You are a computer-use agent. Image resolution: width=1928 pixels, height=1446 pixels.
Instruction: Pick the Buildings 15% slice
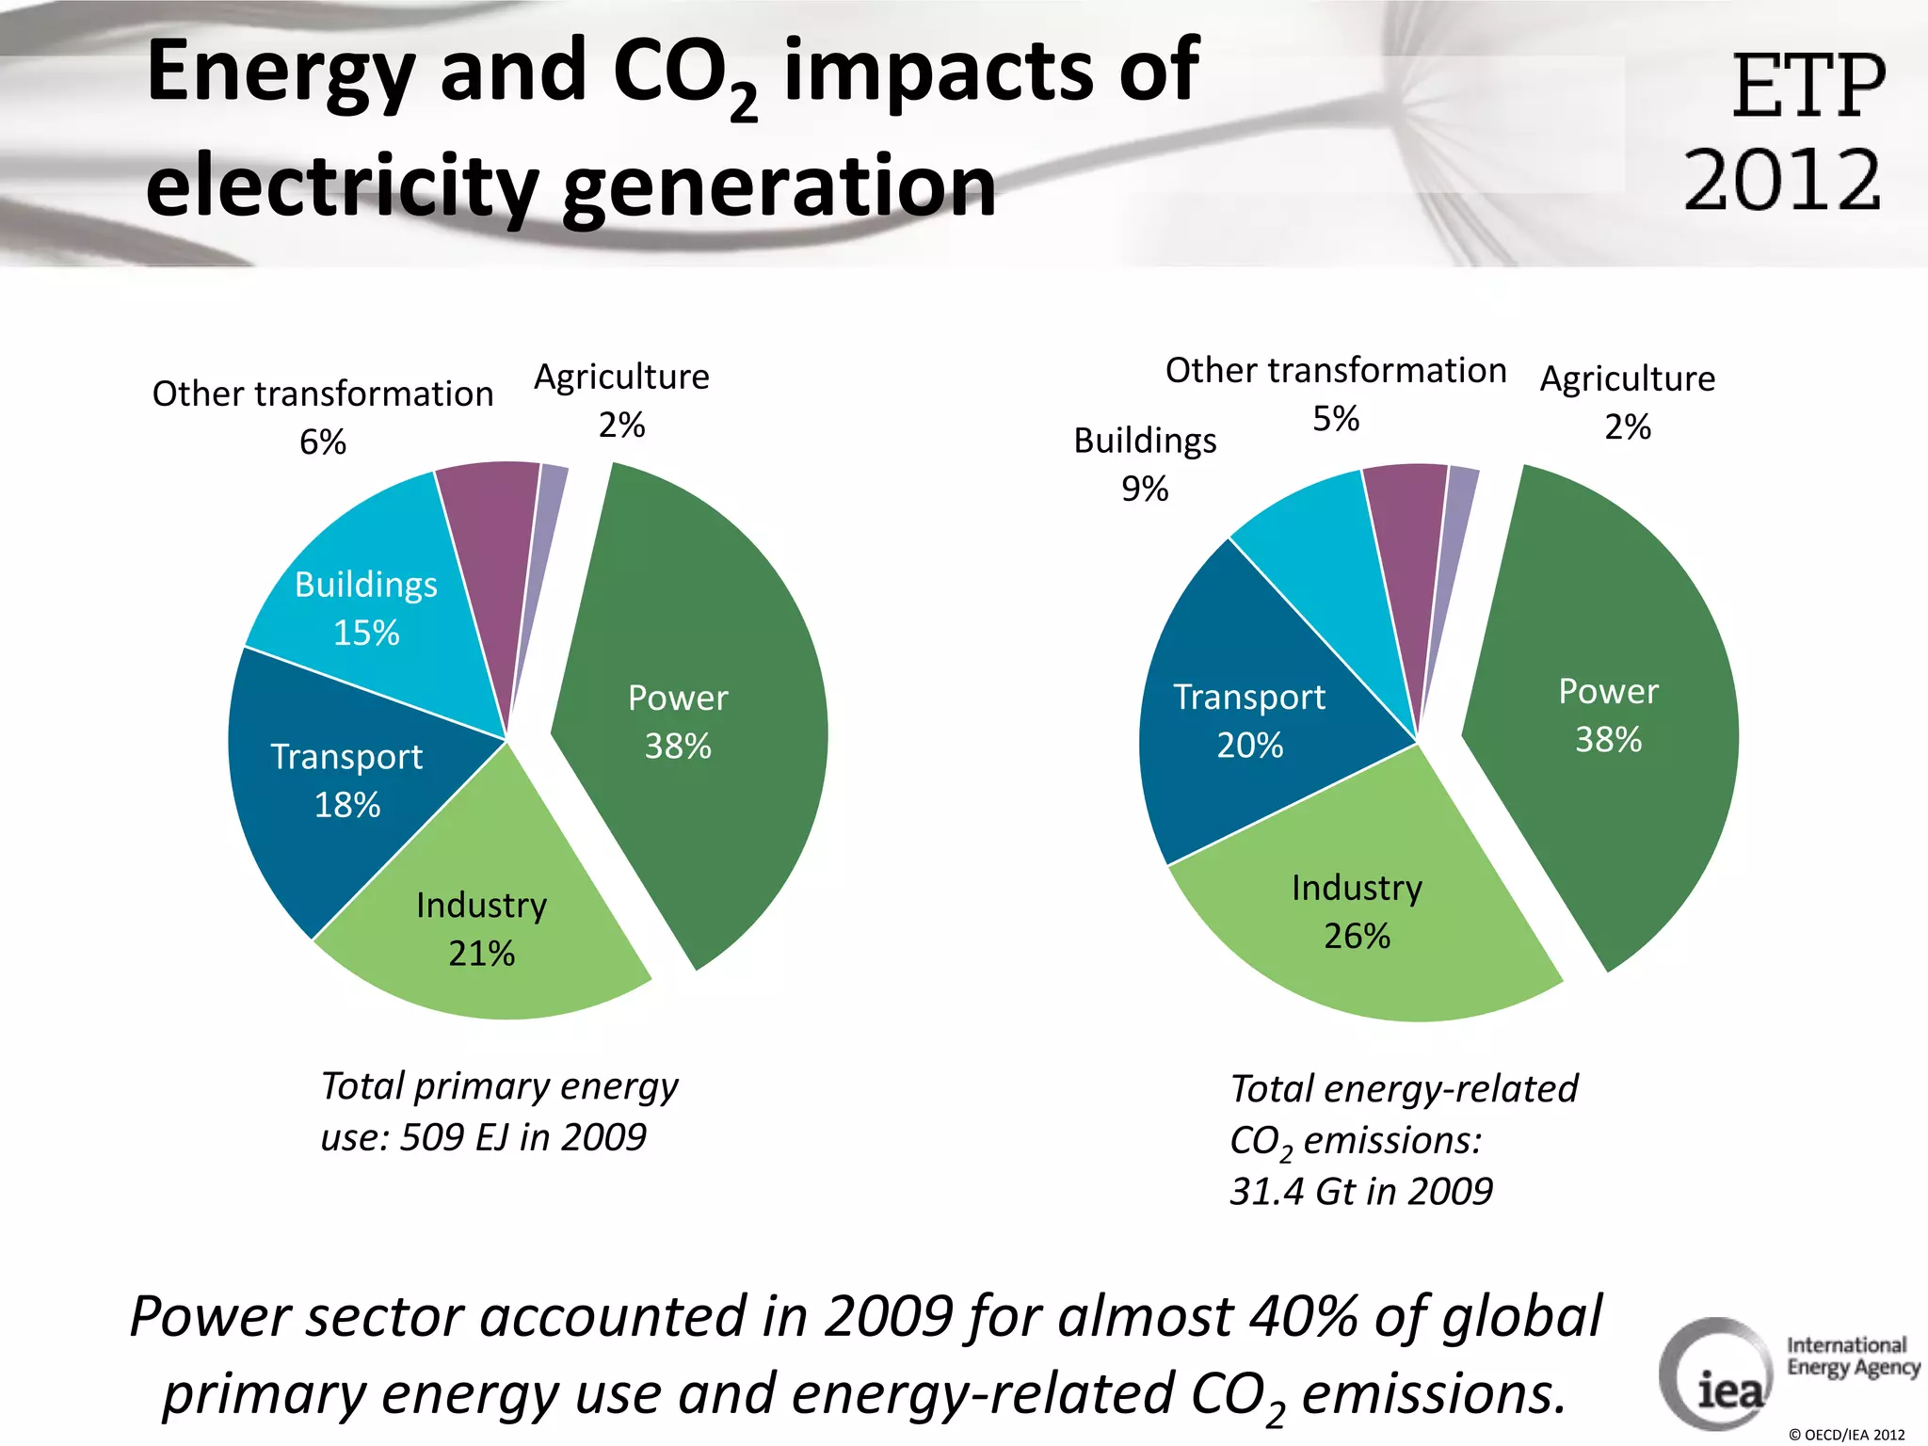pyautogui.click(x=377, y=612)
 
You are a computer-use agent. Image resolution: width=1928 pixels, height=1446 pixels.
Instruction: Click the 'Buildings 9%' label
pyautogui.click(x=1145, y=464)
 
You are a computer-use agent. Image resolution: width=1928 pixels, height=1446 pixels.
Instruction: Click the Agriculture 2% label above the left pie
pyautogui.click(x=621, y=400)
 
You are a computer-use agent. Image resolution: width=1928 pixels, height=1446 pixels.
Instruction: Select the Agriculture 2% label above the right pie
pyautogui.click(x=1628, y=402)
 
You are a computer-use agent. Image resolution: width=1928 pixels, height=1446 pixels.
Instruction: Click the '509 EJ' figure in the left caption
pyautogui.click(x=455, y=1137)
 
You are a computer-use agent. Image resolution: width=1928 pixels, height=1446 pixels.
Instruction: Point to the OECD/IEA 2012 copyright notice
pyautogui.click(x=1846, y=1435)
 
